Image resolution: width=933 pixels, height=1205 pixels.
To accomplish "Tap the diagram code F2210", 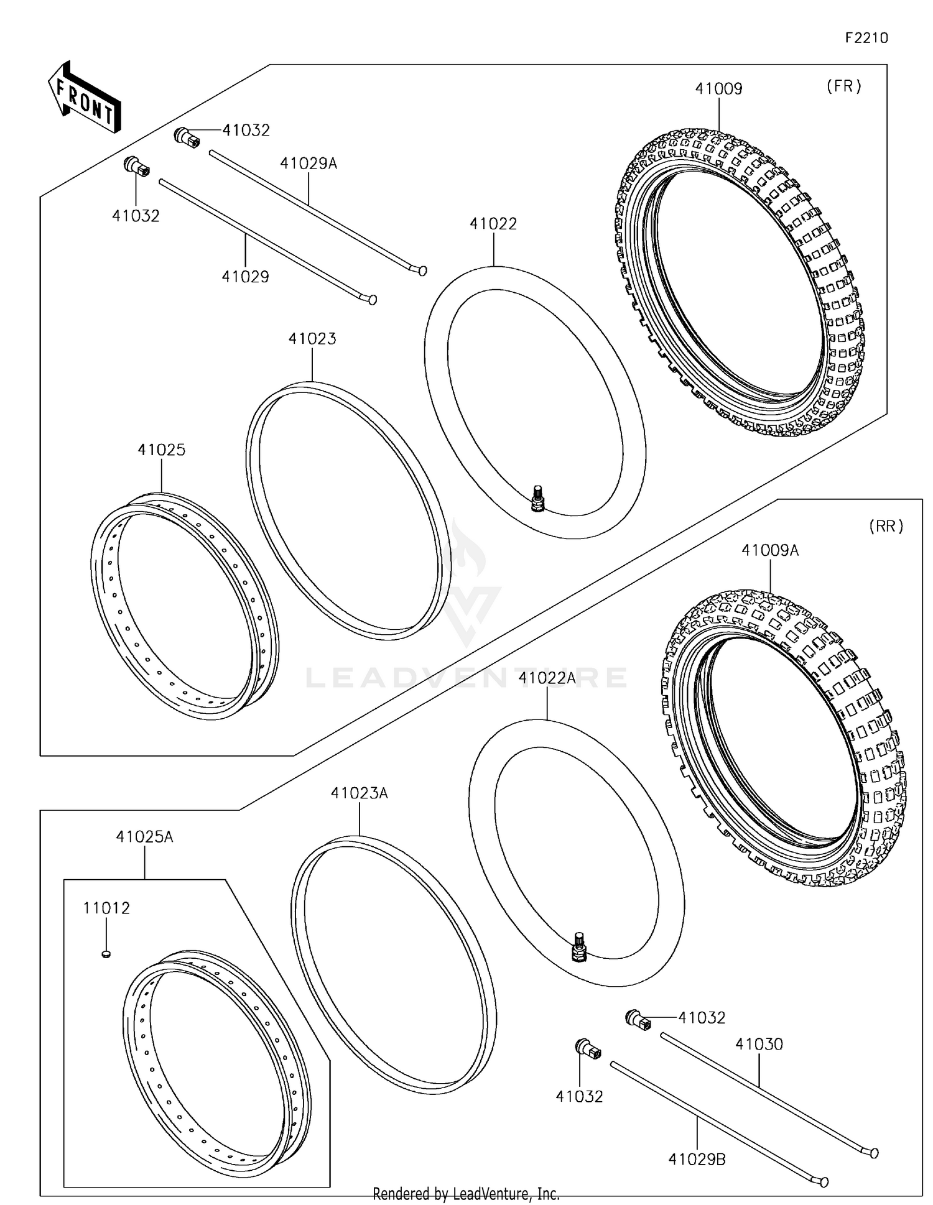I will (x=866, y=38).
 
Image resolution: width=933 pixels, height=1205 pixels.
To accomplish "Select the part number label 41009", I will (x=718, y=89).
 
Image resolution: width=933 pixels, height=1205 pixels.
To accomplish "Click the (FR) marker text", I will (x=843, y=86).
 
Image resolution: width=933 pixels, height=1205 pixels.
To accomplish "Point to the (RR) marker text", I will (x=886, y=526).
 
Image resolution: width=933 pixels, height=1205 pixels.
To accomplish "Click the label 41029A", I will (x=309, y=164).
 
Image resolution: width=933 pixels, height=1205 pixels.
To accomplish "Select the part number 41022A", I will (x=547, y=678).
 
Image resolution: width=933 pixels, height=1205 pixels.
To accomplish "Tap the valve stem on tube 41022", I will (x=537, y=499).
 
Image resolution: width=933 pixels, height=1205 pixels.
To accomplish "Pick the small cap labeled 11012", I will (x=106, y=953).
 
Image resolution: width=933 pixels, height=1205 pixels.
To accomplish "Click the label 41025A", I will (x=144, y=837).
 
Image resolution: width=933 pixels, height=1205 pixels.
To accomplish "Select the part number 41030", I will (x=759, y=1044).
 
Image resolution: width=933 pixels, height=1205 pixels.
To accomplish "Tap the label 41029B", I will (x=697, y=1160).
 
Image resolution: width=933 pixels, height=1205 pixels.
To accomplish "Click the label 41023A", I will (x=359, y=793).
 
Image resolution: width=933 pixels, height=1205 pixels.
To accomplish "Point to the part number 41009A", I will (x=769, y=550).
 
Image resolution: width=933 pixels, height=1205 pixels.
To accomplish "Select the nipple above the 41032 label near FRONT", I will (x=137, y=167).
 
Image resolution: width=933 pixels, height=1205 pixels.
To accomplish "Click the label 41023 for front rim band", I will (x=312, y=339).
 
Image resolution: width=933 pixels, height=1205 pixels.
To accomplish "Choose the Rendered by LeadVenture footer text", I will (x=466, y=1194).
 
